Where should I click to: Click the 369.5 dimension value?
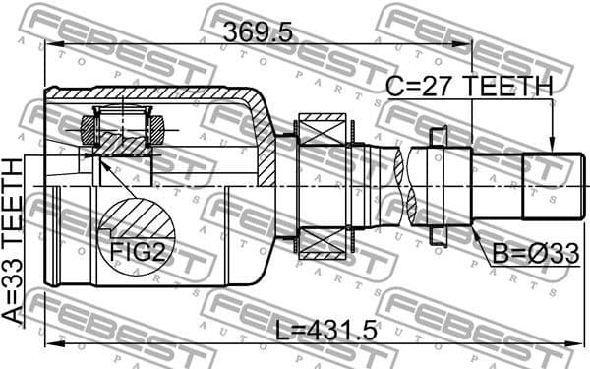[258, 31]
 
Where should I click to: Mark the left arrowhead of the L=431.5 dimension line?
[49, 342]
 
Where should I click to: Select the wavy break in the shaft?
[400, 185]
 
